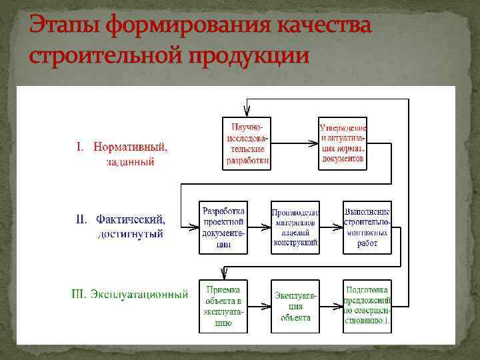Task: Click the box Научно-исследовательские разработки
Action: [247, 143]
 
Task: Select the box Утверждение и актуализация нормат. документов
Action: [343, 143]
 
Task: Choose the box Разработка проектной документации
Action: [223, 227]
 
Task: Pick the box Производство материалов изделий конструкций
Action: [295, 227]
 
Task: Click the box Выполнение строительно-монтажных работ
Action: [367, 227]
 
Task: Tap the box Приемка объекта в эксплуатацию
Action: [223, 306]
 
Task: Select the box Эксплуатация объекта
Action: [295, 306]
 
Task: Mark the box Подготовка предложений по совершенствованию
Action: [367, 306]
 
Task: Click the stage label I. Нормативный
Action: [121, 147]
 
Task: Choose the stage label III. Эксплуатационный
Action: [129, 294]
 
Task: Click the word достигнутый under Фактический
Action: [131, 234]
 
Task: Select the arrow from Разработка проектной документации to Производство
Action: [259, 227]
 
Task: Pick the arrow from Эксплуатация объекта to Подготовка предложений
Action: [331, 307]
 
